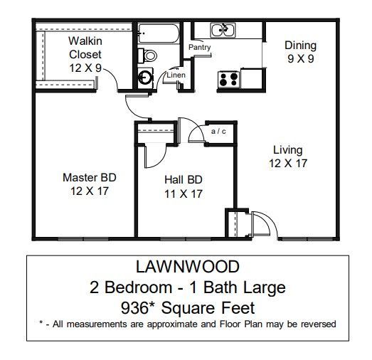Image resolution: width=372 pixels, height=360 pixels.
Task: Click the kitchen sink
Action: click(x=223, y=30)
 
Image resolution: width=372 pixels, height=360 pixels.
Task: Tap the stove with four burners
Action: click(x=228, y=78)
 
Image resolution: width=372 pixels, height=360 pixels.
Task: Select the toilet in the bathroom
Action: click(x=148, y=55)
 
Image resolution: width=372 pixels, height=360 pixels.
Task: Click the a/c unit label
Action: click(x=218, y=131)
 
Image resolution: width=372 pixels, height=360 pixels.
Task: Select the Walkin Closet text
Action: click(x=85, y=47)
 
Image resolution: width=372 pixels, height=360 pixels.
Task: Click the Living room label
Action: click(x=288, y=150)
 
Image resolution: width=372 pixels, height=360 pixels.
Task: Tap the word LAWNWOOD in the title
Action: click(x=188, y=267)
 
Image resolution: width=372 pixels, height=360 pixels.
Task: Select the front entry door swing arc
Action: click(x=262, y=223)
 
